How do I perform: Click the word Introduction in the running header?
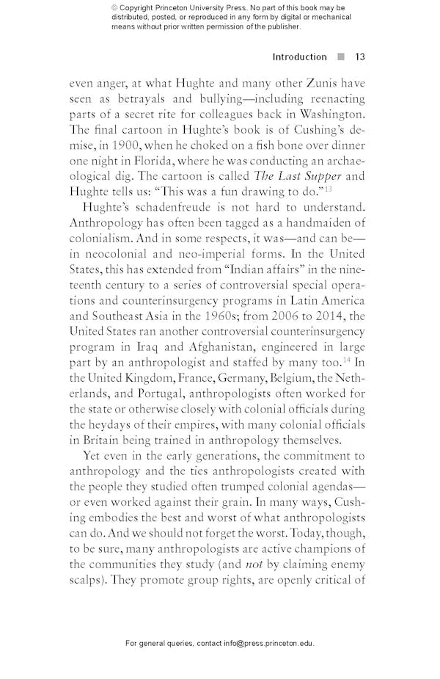299,57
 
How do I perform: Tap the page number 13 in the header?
359,57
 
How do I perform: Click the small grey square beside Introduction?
340,57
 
